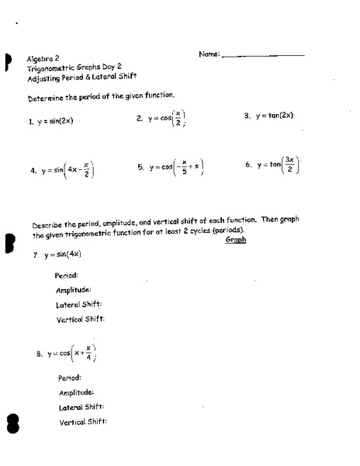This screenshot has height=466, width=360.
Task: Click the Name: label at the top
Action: tap(209, 54)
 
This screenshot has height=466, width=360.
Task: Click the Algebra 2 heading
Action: tap(43, 58)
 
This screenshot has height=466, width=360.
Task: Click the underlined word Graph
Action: tap(235, 240)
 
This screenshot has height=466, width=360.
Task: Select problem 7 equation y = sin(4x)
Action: tap(62, 255)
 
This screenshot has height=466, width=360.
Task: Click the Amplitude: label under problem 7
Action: tap(74, 290)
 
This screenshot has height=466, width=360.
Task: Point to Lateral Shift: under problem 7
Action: tap(79, 304)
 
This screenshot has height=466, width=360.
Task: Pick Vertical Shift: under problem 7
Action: tap(80, 318)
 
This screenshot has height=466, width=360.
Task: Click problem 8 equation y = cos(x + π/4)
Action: tap(70, 353)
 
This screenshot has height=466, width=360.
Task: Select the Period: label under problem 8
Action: tap(70, 378)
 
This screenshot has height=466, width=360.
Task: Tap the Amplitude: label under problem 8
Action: tap(77, 392)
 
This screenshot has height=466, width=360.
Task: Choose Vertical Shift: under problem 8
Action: tap(82, 422)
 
